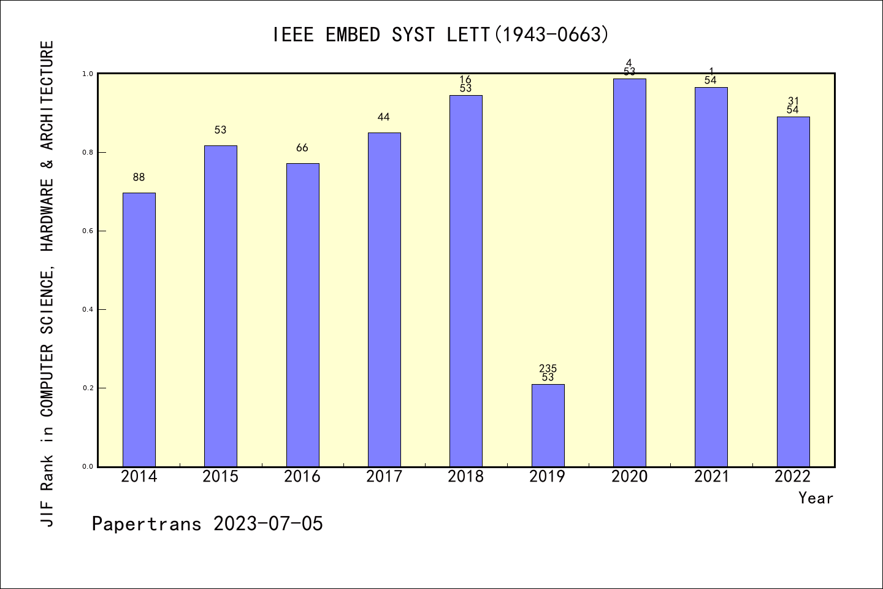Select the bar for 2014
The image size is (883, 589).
[x=139, y=329]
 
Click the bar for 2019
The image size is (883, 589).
[x=548, y=425]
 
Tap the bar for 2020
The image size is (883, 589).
[x=629, y=272]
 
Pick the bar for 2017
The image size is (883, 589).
[x=384, y=299]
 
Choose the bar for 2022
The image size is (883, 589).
[x=793, y=291]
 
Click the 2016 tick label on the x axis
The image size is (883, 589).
[x=302, y=477]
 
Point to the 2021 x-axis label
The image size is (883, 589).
[x=711, y=477]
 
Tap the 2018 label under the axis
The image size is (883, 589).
[x=466, y=477]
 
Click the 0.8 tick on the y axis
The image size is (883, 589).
[x=86, y=153]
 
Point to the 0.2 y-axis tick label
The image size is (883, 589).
[x=86, y=388]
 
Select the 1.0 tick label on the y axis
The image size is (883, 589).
[x=86, y=74]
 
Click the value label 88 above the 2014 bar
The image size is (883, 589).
[x=139, y=177]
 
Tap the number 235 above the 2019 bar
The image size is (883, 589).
[x=548, y=368]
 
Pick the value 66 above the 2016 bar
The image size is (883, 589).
[x=302, y=148]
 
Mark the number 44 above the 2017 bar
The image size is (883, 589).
[x=384, y=117]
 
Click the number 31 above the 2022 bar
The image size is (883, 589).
[x=793, y=101]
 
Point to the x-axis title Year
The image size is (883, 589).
[x=816, y=498]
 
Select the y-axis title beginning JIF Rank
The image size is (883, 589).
[x=47, y=283]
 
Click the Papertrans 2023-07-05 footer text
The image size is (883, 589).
[x=207, y=524]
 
